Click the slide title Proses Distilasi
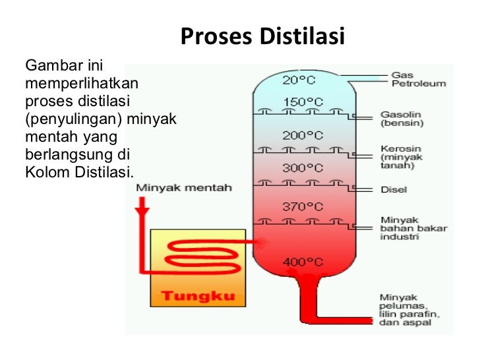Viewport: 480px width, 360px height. [x=262, y=36]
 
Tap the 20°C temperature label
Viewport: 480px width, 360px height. [x=299, y=80]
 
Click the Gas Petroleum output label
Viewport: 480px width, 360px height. [x=419, y=79]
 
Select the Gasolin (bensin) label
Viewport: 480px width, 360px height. [x=402, y=118]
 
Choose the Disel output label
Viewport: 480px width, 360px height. [x=394, y=190]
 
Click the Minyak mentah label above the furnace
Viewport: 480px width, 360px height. [x=184, y=188]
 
